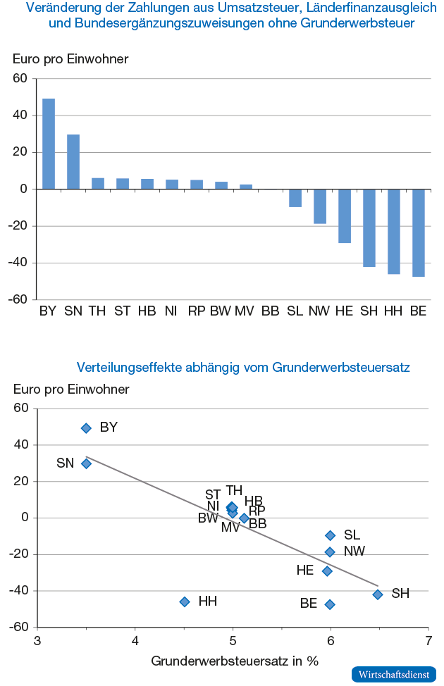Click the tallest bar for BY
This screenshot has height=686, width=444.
(x=49, y=144)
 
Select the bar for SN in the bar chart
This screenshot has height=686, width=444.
(x=73, y=162)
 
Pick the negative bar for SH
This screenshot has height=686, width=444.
(x=369, y=227)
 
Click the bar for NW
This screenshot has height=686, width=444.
(x=320, y=206)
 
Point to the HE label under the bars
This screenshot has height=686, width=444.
(x=344, y=311)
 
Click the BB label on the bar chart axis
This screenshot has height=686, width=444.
(x=270, y=311)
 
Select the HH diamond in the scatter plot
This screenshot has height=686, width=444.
(x=185, y=601)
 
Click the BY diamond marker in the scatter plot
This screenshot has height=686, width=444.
(x=86, y=428)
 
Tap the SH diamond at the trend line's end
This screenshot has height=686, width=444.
(x=378, y=594)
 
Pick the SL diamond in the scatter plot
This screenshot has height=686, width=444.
(x=330, y=535)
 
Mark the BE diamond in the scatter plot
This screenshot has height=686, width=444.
(x=329, y=604)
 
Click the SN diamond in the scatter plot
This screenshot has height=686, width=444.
(x=86, y=463)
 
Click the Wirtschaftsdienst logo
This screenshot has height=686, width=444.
(x=393, y=674)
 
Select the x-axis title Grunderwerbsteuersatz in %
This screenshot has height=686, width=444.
(x=235, y=661)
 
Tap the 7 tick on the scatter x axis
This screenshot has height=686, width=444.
(x=428, y=641)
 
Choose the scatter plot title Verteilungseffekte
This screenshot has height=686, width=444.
(x=243, y=367)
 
